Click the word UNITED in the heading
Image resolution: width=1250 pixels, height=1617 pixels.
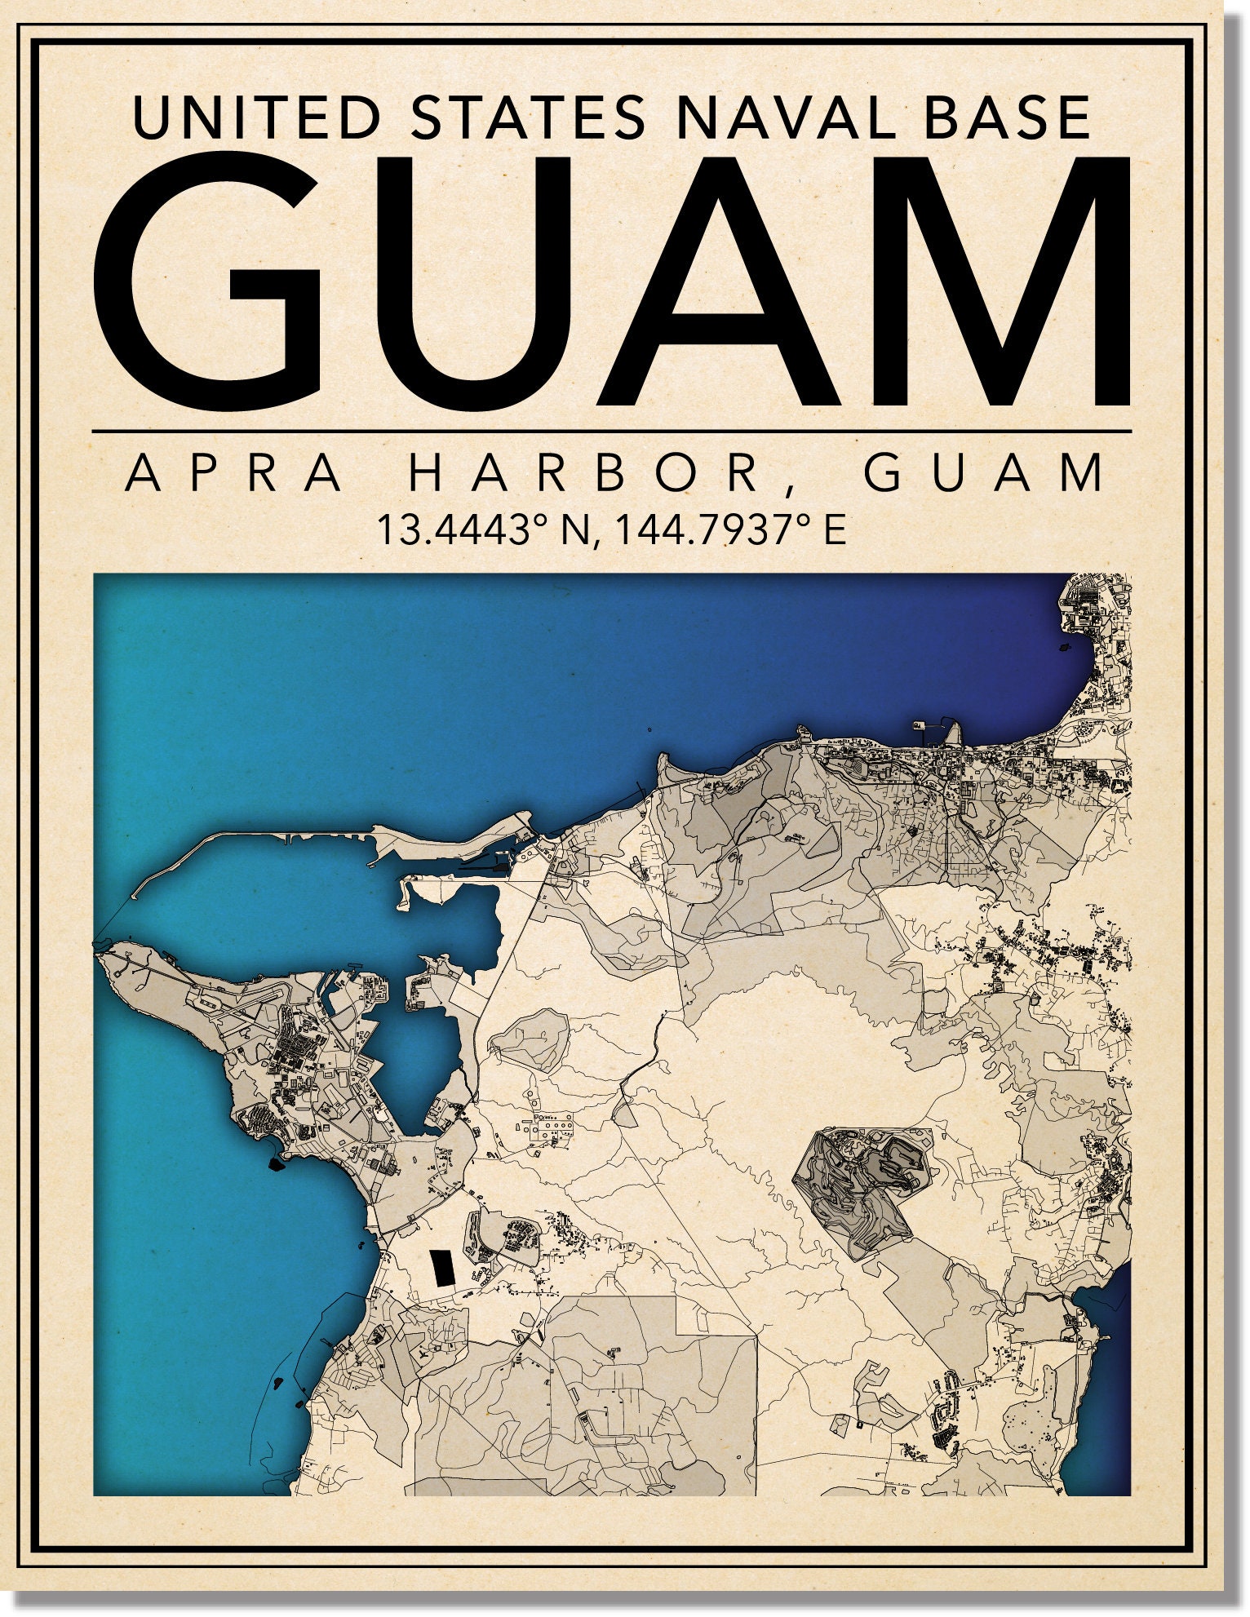tap(255, 117)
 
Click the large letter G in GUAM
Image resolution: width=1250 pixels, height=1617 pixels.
tap(208, 281)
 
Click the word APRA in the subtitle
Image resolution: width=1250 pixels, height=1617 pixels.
tap(235, 474)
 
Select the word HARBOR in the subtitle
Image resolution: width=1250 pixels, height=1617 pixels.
tap(584, 474)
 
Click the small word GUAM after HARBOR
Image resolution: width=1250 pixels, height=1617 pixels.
tap(985, 474)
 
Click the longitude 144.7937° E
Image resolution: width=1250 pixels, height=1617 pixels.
tap(730, 530)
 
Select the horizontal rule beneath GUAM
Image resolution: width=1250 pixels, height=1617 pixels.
tap(612, 430)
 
